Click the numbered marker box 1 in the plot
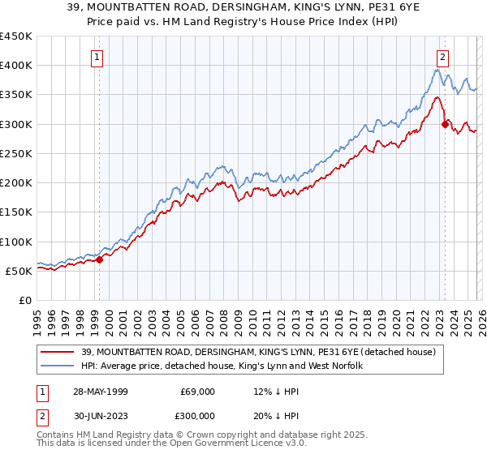[x=97, y=58]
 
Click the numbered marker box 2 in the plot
[x=443, y=58]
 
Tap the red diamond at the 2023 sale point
[x=445, y=124]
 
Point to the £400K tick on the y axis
[x=17, y=66]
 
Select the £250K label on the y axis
[x=17, y=153]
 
